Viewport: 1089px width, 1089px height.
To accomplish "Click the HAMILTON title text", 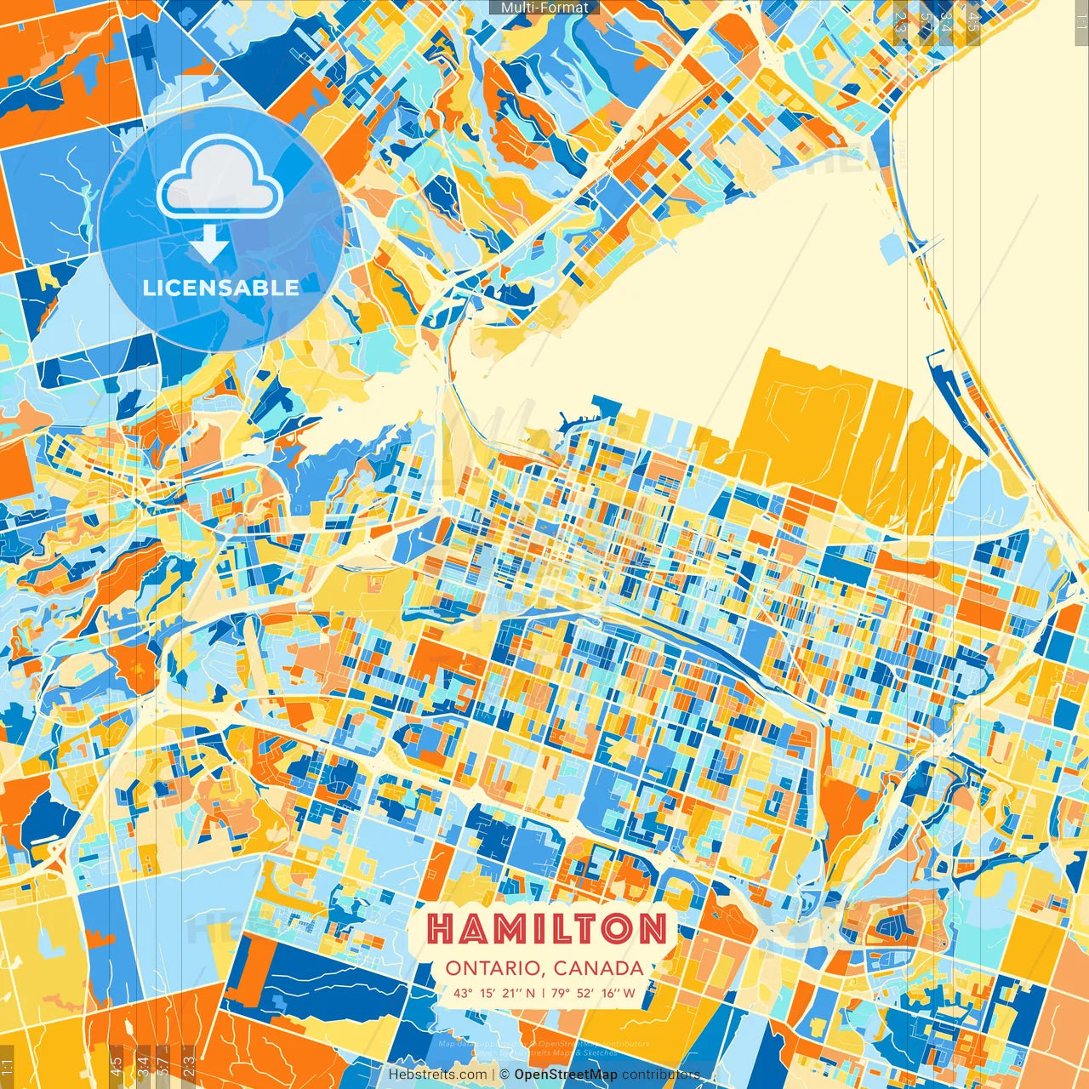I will (545, 929).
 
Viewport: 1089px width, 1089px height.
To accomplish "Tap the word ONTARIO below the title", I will (494, 968).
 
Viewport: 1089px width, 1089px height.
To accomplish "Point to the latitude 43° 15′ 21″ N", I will (494, 993).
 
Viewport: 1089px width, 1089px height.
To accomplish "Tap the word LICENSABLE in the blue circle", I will (221, 288).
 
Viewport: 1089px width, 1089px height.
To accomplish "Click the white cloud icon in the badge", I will (220, 179).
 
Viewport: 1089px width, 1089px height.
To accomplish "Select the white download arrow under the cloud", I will (209, 244).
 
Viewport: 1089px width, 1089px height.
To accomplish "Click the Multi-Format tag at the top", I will (544, 8).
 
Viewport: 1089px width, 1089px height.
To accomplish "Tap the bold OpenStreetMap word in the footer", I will (566, 1075).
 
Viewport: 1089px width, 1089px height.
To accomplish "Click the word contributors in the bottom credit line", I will (661, 1075).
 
